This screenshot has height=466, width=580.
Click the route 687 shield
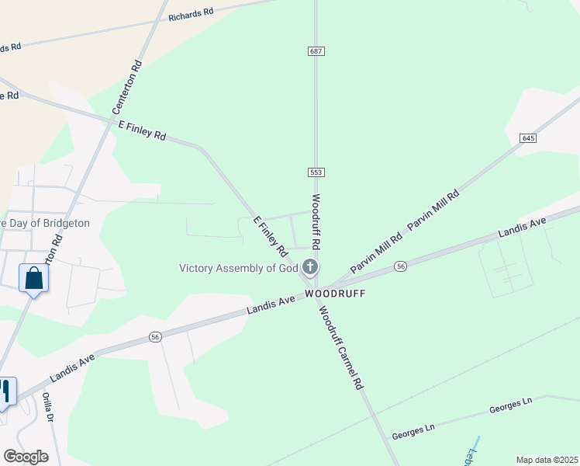pos(315,50)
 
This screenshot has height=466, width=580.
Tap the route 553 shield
pos(315,172)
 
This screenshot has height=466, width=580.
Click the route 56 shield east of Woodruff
pos(400,266)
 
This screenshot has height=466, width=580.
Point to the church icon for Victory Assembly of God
pos(309,268)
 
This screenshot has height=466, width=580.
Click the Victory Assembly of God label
pos(239,268)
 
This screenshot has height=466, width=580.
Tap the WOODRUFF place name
pos(334,294)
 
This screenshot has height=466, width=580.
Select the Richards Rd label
pos(190,13)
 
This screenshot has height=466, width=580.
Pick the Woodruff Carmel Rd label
pos(340,347)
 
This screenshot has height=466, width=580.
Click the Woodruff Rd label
pos(317,221)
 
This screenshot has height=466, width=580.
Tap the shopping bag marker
pos(34,278)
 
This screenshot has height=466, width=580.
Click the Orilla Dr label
pos(47,407)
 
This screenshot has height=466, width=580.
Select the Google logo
pos(26,457)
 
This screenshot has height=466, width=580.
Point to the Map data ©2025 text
pos(546,460)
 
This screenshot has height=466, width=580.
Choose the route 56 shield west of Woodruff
pos(155,337)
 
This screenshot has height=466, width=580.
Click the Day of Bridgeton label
pos(47,223)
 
